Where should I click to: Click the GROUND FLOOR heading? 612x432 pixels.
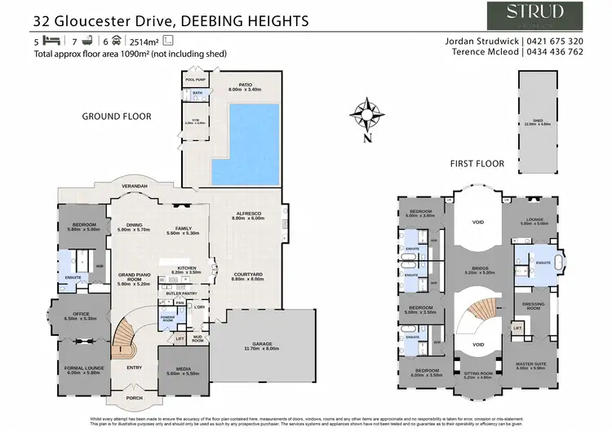(x=117, y=117)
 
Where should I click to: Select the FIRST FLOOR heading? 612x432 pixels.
(x=477, y=164)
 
